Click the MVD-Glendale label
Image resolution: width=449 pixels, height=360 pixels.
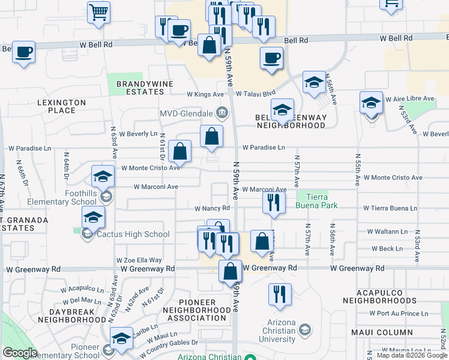tap(186, 113)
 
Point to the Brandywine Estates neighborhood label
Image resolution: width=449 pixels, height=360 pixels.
tap(140, 88)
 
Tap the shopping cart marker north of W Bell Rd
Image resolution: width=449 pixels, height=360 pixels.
tap(98, 12)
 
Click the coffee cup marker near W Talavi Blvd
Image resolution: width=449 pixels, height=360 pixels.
tap(271, 58)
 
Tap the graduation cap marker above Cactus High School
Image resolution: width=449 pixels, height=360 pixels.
tap(94, 217)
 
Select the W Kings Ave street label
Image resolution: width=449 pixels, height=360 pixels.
tap(205, 94)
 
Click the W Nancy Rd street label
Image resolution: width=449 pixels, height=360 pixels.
tap(212, 208)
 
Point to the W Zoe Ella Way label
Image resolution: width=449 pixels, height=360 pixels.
tap(139, 260)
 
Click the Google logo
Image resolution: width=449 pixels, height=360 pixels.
tap(20, 353)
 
